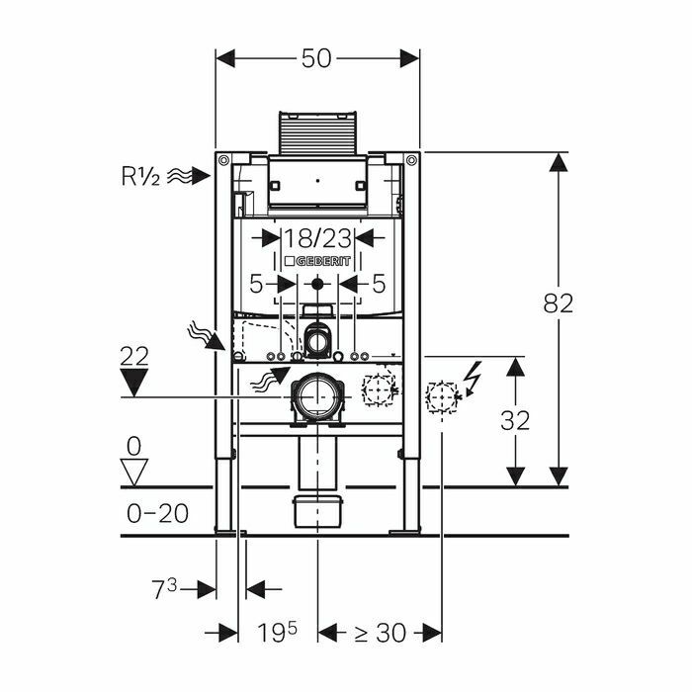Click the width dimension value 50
point(317,58)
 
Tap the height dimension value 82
point(559,303)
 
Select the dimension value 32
point(515,420)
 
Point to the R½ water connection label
point(140,176)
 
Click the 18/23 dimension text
point(317,238)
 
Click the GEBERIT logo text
point(317,260)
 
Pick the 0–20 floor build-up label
point(158,513)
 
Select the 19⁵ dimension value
point(281,632)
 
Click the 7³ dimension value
point(164,589)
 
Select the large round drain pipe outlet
point(315,397)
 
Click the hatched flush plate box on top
point(317,134)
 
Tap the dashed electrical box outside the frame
point(441,397)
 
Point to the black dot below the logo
point(317,285)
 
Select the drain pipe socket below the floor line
point(317,511)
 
